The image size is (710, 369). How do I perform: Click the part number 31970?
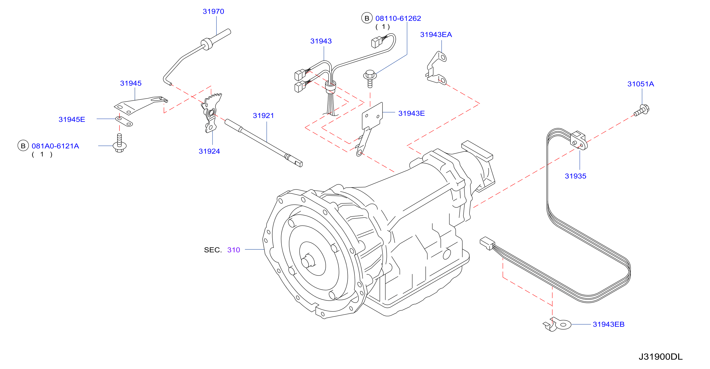(x=213, y=12)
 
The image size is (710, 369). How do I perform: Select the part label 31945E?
(x=72, y=119)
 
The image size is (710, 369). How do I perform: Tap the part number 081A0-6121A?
(x=55, y=146)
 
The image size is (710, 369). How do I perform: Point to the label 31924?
(x=209, y=151)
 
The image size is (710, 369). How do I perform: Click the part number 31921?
(x=264, y=116)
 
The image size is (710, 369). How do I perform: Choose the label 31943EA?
(x=436, y=35)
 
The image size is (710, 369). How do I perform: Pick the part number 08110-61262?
(x=398, y=18)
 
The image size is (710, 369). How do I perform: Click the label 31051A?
(x=640, y=84)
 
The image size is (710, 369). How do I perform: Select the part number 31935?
(x=576, y=176)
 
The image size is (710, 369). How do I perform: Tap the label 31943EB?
(x=609, y=324)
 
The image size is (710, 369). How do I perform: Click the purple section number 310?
(x=234, y=250)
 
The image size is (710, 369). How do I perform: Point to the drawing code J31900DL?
(x=661, y=357)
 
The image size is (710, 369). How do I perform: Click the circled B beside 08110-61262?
(x=367, y=18)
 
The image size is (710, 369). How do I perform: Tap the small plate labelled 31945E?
(x=124, y=121)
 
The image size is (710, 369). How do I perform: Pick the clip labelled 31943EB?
(x=557, y=324)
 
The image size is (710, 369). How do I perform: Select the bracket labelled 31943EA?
(x=436, y=68)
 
